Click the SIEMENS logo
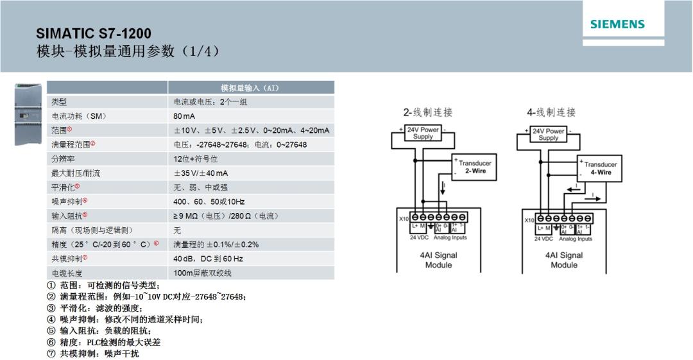click(617, 25)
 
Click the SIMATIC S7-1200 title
click(94, 34)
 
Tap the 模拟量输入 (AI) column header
click(250, 88)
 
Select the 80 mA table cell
click(184, 116)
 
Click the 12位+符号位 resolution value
click(196, 159)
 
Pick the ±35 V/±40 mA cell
click(201, 173)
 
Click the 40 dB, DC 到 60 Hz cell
click(208, 259)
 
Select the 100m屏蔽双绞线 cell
click(203, 273)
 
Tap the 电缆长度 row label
click(67, 273)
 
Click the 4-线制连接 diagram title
click(551, 112)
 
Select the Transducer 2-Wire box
click(474, 167)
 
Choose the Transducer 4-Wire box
click(599, 169)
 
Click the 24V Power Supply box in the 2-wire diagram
click(422, 133)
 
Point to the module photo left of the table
click(28, 114)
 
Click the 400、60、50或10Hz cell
click(205, 201)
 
